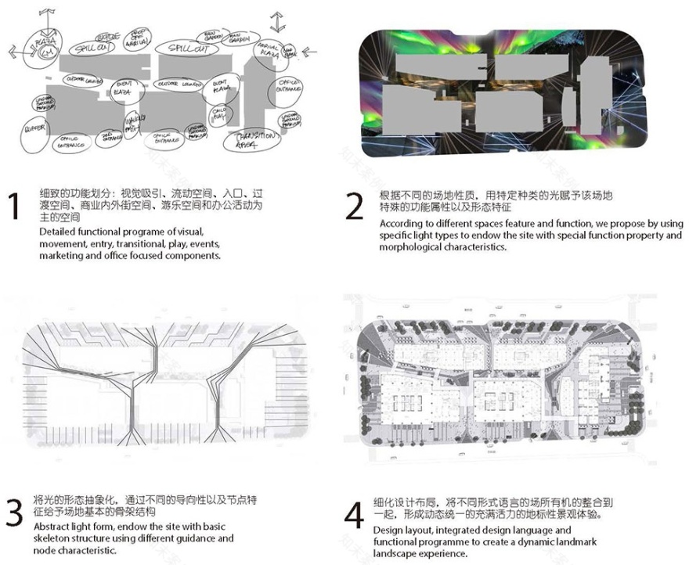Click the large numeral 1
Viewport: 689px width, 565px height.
pos(13,207)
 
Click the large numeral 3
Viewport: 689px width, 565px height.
pos(14,512)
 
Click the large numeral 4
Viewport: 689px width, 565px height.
pos(354,516)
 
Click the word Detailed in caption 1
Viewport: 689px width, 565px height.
pos(57,232)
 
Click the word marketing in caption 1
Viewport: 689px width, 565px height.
pos(63,255)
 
